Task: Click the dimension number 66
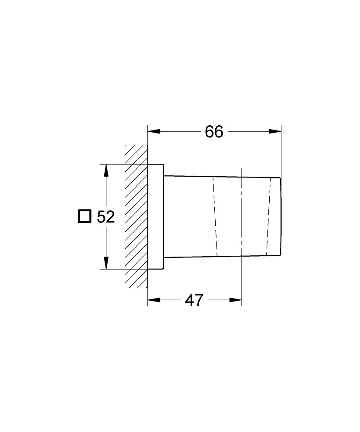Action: coord(214,132)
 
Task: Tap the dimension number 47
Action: coord(194,300)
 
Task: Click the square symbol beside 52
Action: coord(84,216)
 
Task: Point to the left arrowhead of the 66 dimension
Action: coord(154,132)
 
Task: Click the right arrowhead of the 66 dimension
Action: coord(275,132)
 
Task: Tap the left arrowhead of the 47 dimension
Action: coord(154,300)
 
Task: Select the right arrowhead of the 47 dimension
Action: coord(236,300)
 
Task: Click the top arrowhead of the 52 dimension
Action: coord(106,170)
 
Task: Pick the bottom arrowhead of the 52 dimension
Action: coord(106,263)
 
